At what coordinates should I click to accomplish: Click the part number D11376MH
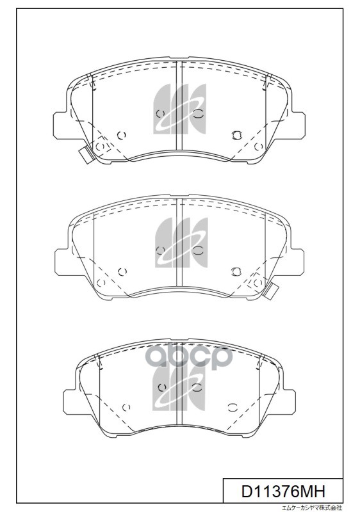pyautogui.click(x=283, y=491)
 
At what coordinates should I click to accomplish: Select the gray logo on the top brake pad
pyautogui.click(x=179, y=109)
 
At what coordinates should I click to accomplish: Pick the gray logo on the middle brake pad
pyautogui.click(x=181, y=243)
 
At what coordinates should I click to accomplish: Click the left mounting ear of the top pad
pyautogui.click(x=61, y=124)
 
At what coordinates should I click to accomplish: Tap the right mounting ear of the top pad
pyautogui.click(x=297, y=124)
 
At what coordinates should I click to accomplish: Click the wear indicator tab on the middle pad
pyautogui.click(x=270, y=289)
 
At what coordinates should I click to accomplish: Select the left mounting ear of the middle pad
pyautogui.click(x=63, y=260)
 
